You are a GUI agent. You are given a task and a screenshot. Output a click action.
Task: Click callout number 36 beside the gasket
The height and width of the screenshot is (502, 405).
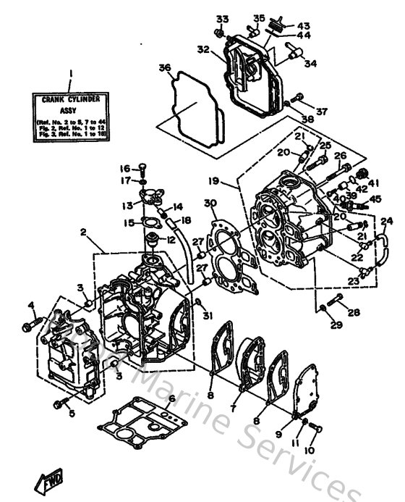point(165,69)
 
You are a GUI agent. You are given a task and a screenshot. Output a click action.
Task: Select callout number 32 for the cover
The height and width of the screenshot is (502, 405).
point(203,50)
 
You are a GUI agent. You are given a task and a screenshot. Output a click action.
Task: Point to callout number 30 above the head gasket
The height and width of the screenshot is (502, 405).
point(210,204)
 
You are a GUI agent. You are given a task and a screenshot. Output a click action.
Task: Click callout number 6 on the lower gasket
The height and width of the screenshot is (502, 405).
point(172,398)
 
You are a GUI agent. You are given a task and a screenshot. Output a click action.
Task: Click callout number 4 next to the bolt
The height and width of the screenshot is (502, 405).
point(31,304)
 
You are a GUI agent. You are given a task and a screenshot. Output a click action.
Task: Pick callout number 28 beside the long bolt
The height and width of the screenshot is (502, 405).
point(353,312)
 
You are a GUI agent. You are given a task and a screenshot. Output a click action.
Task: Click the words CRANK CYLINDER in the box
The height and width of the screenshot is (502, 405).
point(70,98)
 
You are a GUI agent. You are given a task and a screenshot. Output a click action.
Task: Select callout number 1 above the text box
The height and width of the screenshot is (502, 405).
point(72,72)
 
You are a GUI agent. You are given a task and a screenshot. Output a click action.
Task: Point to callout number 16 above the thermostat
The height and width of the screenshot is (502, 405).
point(124,169)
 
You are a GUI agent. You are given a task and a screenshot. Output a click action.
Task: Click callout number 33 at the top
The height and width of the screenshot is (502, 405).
point(221,18)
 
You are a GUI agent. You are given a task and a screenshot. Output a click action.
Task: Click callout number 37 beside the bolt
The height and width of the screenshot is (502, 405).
point(322,112)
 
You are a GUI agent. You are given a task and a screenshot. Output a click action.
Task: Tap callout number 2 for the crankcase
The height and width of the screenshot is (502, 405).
point(84,233)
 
